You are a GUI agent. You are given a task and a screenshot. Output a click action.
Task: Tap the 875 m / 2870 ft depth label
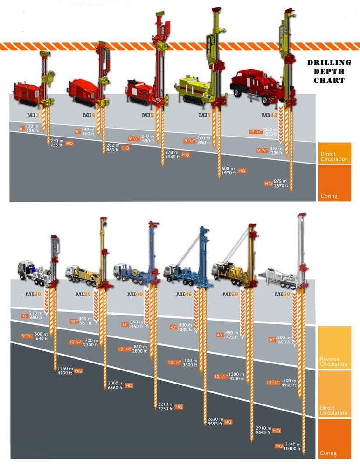coord(281,184)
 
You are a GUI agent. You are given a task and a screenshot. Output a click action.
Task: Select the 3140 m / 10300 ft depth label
coord(292,446)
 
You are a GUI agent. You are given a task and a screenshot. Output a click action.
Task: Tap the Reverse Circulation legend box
coord(334,348)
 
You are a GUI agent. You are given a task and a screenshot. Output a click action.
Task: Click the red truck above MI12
coord(256,84)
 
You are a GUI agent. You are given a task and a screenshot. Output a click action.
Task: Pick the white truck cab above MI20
coord(27,269)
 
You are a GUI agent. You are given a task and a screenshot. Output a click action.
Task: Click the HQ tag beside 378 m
coord(186,155)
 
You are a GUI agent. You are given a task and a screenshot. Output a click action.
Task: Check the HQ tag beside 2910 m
coord(277,431)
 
